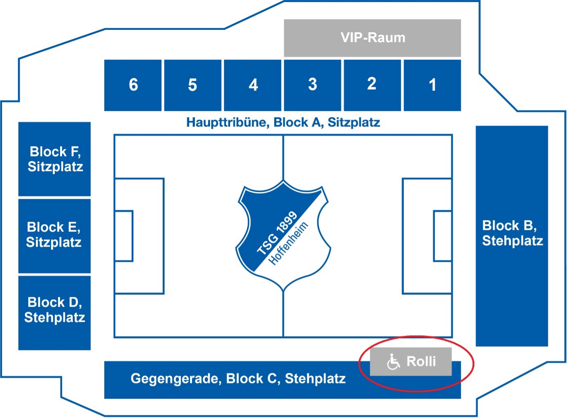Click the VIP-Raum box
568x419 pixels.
click(372, 38)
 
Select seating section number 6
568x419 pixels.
click(133, 85)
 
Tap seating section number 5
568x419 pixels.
click(192, 85)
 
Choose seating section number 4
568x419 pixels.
click(253, 85)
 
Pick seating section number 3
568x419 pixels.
click(312, 85)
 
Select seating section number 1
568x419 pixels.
click(432, 85)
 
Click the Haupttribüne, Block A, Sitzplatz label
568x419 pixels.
click(283, 123)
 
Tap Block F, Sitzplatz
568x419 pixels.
click(55, 159)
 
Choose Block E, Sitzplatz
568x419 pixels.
click(54, 235)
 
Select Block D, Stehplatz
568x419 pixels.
click(54, 310)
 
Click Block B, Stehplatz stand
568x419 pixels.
click(512, 234)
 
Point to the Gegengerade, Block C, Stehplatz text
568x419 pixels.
click(238, 379)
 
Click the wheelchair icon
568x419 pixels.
click(393, 362)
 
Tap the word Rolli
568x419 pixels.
click(421, 361)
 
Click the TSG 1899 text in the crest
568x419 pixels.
click(277, 233)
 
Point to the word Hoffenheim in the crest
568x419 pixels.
click(288, 244)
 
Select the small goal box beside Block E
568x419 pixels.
click(124, 236)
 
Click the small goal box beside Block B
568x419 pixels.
click(443, 236)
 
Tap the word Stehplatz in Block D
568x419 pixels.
click(54, 318)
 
